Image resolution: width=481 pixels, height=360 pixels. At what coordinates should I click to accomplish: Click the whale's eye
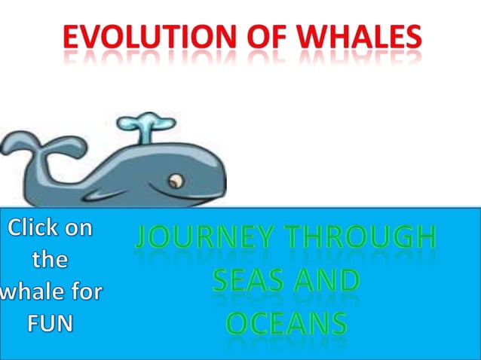click(176, 181)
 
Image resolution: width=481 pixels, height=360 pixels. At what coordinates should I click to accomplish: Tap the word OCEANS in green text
click(286, 323)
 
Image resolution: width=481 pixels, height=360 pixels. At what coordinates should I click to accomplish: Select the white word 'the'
click(50, 260)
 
